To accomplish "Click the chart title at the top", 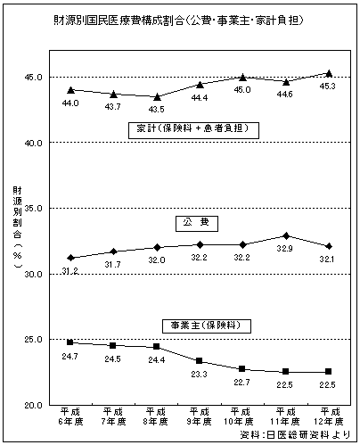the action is pyautogui.click(x=179, y=21).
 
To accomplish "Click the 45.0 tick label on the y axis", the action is pyautogui.click(x=34, y=78).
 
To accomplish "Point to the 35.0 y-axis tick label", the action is pyautogui.click(x=34, y=208).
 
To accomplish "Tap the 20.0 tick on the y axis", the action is pyautogui.click(x=34, y=405).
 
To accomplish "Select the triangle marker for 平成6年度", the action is pyautogui.click(x=70, y=90).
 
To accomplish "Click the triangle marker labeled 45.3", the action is pyautogui.click(x=329, y=73).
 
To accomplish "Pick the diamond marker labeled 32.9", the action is pyautogui.click(x=286, y=236).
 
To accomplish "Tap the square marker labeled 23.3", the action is pyautogui.click(x=200, y=361).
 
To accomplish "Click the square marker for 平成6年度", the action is pyautogui.click(x=70, y=342).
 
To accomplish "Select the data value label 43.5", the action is pyautogui.click(x=156, y=110).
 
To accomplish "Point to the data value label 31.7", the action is pyautogui.click(x=112, y=264).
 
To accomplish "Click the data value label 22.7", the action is pyautogui.click(x=241, y=383).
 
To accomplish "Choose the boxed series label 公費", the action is pyautogui.click(x=197, y=224).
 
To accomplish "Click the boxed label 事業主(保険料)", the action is pyautogui.click(x=207, y=326).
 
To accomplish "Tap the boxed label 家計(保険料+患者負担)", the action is pyautogui.click(x=193, y=130).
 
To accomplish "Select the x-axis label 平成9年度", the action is pyautogui.click(x=199, y=416).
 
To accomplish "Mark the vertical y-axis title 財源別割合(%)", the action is pyautogui.click(x=17, y=227).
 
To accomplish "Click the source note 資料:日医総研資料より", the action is pyautogui.click(x=295, y=435).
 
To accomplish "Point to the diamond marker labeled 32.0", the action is pyautogui.click(x=157, y=248).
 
